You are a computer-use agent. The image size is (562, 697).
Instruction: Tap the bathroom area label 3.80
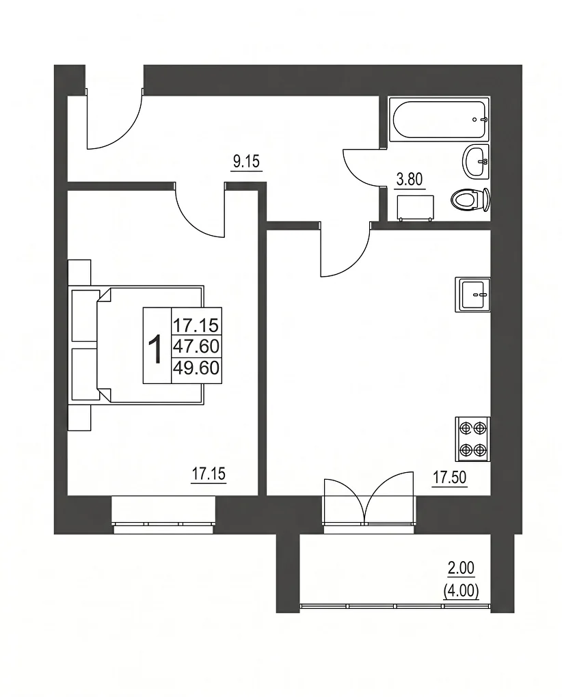coord(409,180)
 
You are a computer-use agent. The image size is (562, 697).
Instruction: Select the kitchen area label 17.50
coord(450,478)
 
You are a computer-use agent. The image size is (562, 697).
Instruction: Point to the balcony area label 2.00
coord(461,568)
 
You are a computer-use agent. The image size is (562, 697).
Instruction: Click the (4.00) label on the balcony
coord(461,591)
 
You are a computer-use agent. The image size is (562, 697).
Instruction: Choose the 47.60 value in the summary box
coord(196,346)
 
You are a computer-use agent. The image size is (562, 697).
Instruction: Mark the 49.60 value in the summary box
coord(196,368)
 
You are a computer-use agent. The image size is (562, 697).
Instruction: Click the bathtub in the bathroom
coord(439,119)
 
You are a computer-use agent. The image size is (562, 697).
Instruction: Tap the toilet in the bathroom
coord(470,200)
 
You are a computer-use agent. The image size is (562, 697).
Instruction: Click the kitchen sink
coord(472,295)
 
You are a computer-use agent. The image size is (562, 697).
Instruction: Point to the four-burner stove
coord(472,439)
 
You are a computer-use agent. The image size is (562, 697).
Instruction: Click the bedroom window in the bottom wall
coord(163,515)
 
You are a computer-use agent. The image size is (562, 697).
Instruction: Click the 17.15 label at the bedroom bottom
coord(209,474)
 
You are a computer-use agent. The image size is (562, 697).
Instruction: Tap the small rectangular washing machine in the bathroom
coord(416,208)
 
